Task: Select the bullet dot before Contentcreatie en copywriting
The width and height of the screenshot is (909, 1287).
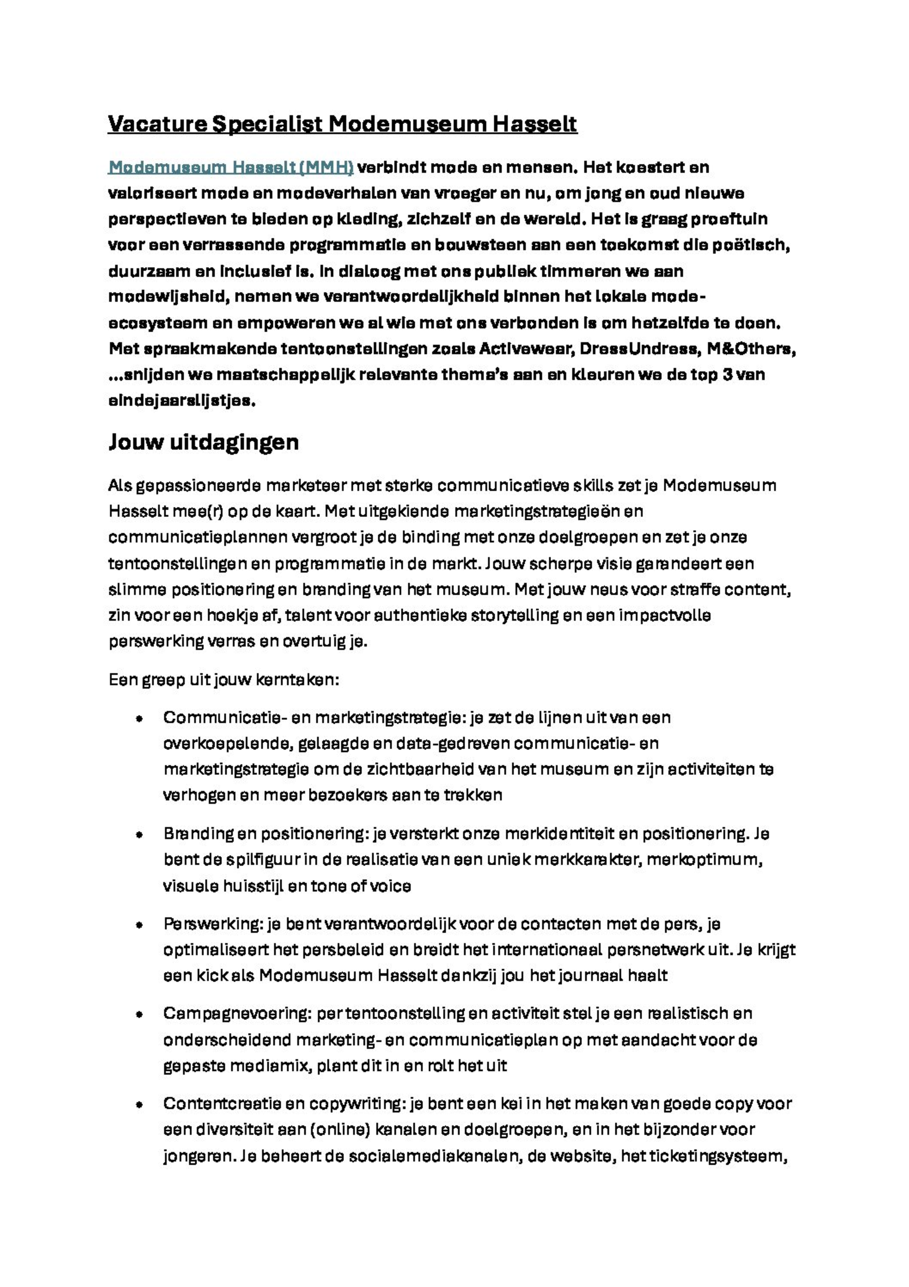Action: click(x=139, y=1104)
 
